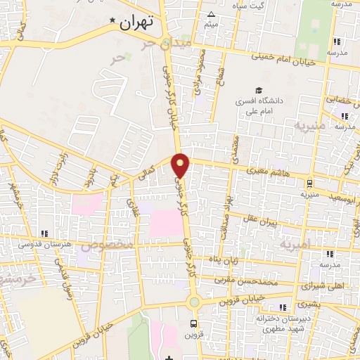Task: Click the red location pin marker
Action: coord(181,165)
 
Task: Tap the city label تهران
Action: coord(136,22)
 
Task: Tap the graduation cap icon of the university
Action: coord(259,91)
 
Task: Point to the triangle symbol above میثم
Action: coord(212,14)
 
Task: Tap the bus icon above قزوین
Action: coord(193,324)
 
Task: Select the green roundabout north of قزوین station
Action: coord(193,302)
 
